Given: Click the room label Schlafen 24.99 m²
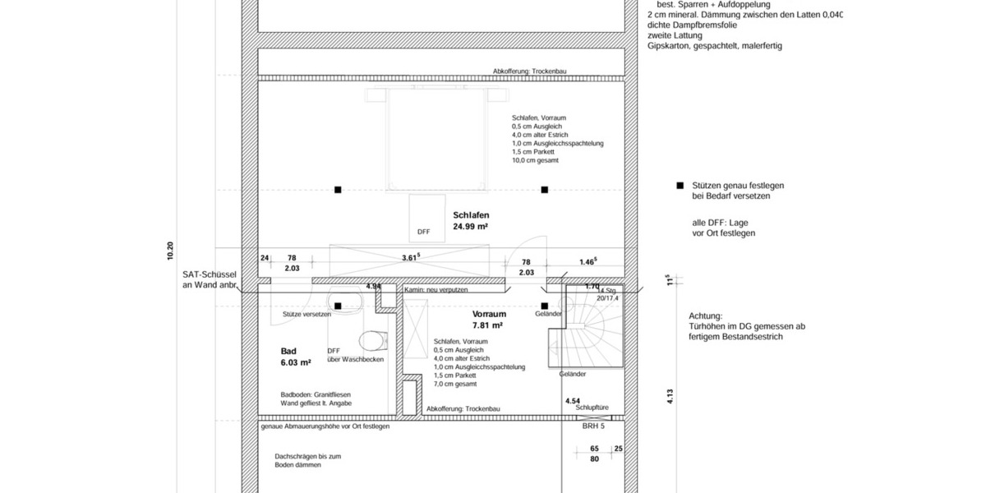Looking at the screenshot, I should tap(471, 219).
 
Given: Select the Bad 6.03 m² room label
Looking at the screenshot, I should tap(295, 356).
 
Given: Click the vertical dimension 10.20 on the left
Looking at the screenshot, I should tap(170, 251).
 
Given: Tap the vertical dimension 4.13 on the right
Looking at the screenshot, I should tap(670, 396).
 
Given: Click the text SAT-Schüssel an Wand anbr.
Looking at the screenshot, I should tap(210, 280).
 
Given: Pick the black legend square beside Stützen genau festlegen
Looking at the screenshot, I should tap(680, 187).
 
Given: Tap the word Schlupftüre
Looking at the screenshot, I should tap(592, 407).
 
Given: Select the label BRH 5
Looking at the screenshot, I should tap(593, 426).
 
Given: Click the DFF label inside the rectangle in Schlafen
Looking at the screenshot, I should tap(423, 232).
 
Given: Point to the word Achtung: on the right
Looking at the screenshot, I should tap(706, 316).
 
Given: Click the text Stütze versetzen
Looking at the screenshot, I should tap(306, 315).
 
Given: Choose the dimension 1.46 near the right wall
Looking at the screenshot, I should tap(587, 261).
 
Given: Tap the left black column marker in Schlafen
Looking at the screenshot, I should tap(338, 190).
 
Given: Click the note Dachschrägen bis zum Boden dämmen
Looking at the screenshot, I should tap(307, 460).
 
